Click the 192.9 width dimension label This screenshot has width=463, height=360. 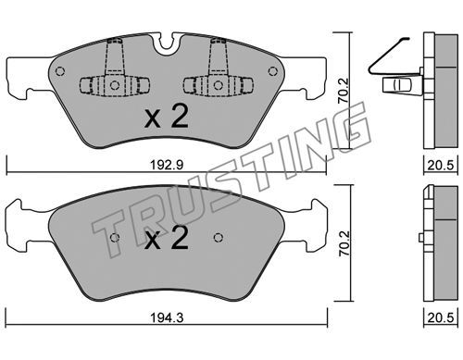pyautogui.click(x=167, y=165)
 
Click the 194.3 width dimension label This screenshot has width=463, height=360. pyautogui.click(x=167, y=317)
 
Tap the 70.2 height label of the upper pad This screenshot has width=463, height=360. pyautogui.click(x=344, y=91)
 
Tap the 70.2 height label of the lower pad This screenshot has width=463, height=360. pyautogui.click(x=344, y=243)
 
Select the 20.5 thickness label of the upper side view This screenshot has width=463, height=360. pyautogui.click(x=441, y=165)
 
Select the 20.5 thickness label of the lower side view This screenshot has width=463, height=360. pyautogui.click(x=441, y=317)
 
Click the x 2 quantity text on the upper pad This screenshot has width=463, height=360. pyautogui.click(x=167, y=118)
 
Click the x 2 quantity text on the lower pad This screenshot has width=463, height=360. pyautogui.click(x=167, y=239)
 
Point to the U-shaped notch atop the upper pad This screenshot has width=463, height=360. pyautogui.click(x=167, y=43)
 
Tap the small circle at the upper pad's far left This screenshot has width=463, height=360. pyautogui.click(x=60, y=71)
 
